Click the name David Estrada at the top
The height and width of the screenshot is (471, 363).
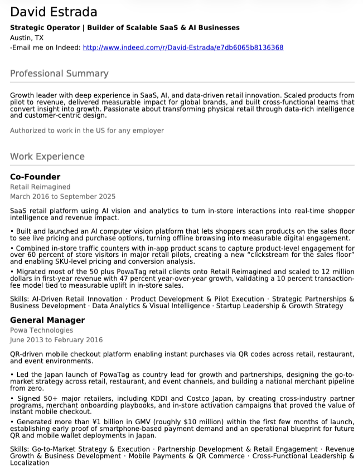tap(54, 12)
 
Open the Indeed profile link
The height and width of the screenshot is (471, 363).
tap(183, 48)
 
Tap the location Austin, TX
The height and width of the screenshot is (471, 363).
tap(27, 38)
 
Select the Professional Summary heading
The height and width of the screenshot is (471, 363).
tap(59, 74)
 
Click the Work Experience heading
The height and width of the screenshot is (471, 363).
tap(47, 157)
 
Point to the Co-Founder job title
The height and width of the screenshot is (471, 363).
tap(35, 177)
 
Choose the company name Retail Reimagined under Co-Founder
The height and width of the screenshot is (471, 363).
tap(40, 187)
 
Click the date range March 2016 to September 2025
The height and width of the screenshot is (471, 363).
tap(62, 196)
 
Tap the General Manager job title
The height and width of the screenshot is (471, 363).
tap(47, 320)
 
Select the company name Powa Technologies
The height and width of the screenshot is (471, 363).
tap(41, 330)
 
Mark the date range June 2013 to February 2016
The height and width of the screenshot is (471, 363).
tap(56, 339)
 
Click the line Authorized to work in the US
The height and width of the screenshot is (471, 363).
tap(87, 130)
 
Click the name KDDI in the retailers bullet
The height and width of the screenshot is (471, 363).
tap(158, 399)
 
